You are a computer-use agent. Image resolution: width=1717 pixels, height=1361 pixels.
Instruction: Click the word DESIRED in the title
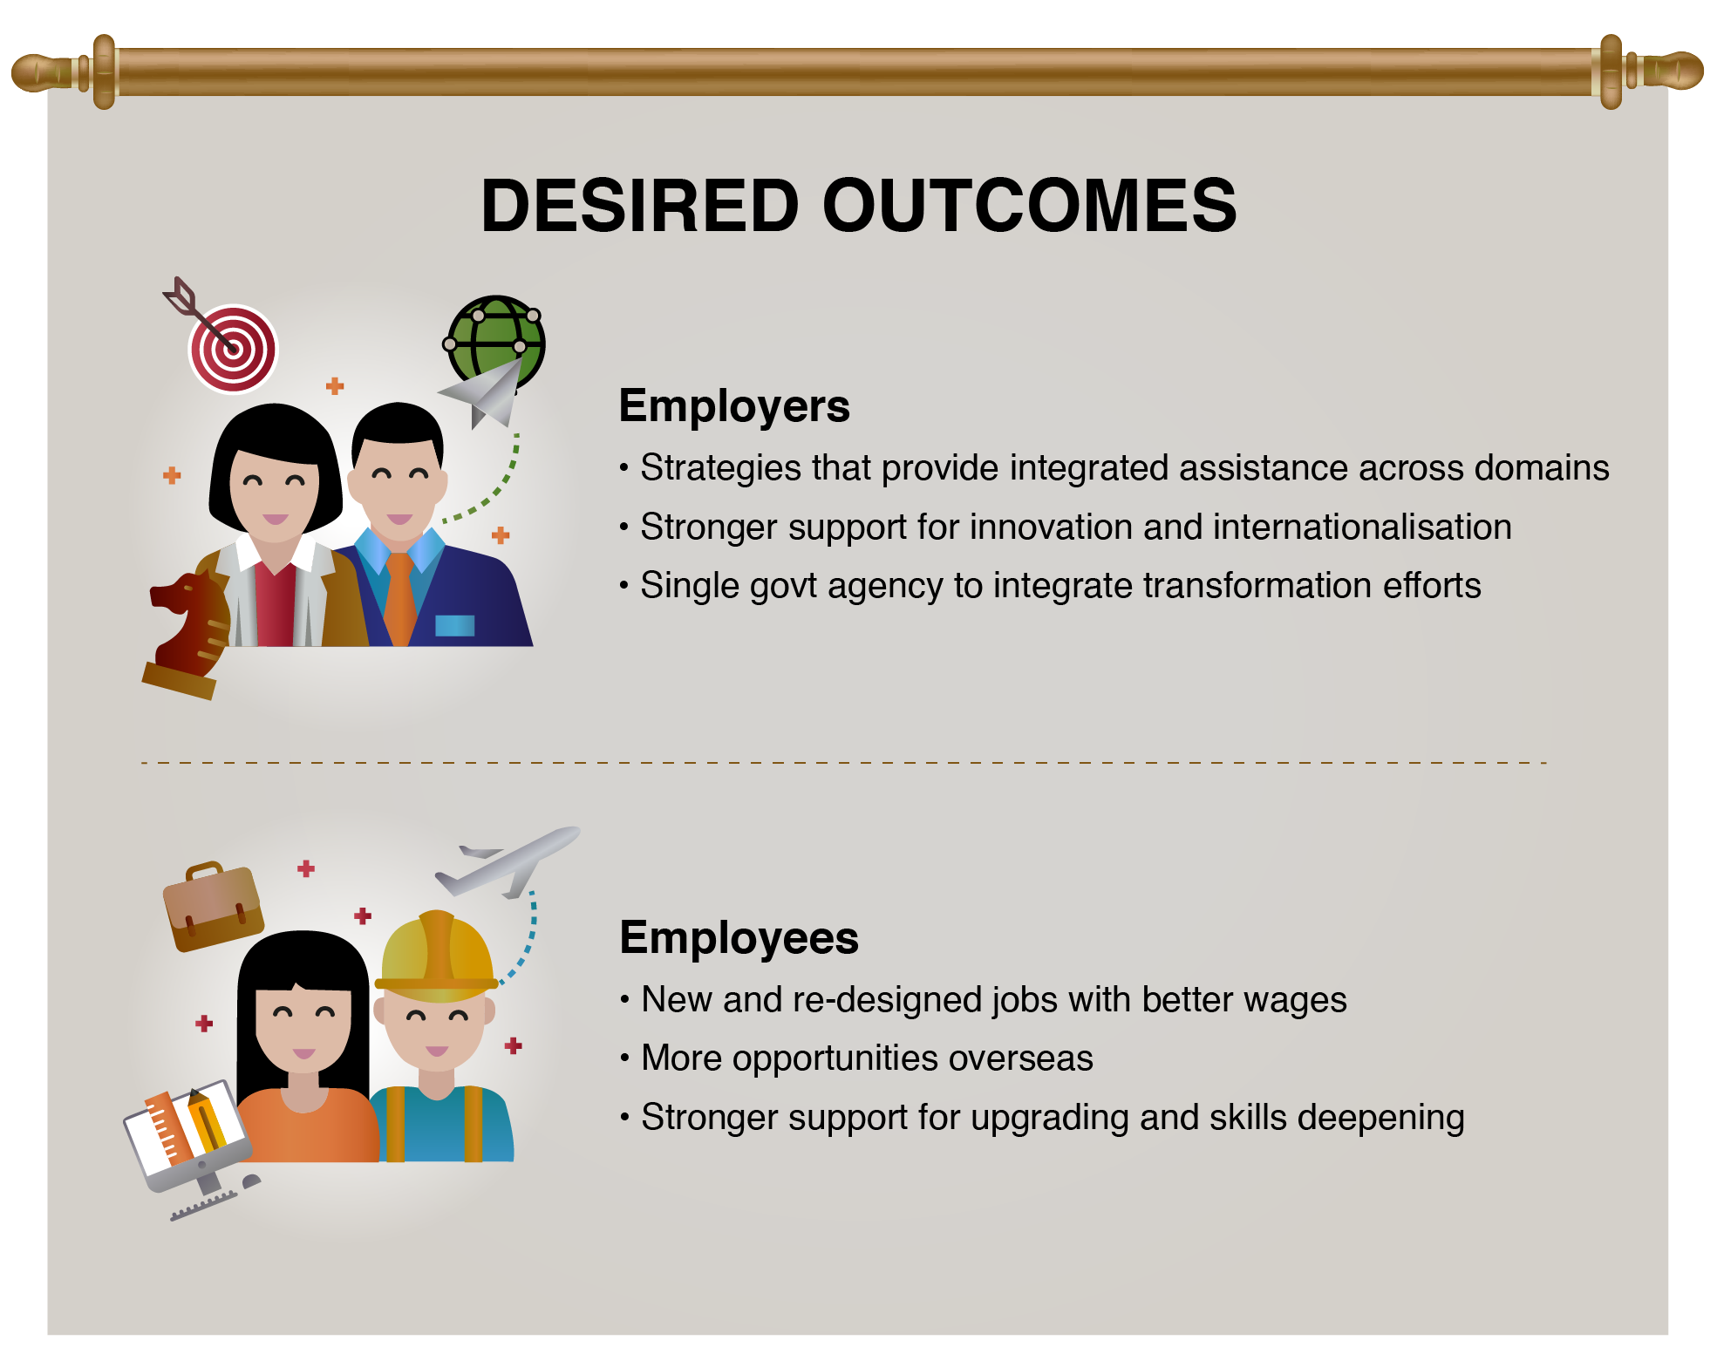640,206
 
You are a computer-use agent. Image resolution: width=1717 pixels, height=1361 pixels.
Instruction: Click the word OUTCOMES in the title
1029,206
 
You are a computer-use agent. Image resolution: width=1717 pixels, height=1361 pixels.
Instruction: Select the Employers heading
734,407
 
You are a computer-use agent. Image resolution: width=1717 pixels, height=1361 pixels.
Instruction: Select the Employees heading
739,938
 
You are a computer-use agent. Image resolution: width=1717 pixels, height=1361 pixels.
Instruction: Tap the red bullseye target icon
233,349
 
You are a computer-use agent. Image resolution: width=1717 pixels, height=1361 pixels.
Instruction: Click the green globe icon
495,341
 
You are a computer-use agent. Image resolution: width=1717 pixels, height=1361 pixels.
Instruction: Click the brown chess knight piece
187,635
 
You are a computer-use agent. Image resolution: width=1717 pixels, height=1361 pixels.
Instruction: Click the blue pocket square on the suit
454,625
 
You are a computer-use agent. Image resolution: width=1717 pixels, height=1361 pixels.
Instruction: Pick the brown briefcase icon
213,908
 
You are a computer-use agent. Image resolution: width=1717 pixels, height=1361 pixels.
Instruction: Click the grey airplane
508,861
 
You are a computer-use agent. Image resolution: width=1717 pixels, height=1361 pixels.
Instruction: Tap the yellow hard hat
436,956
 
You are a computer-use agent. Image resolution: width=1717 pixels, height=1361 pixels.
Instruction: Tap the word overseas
1020,1058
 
